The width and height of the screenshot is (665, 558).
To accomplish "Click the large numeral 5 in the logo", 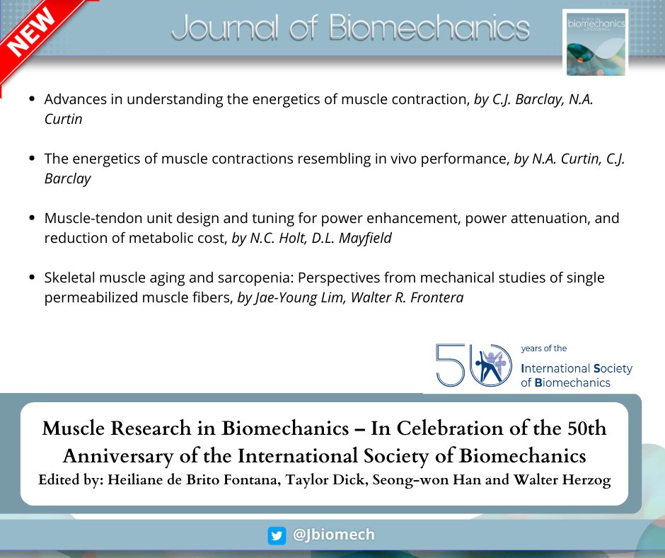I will pos(448,365).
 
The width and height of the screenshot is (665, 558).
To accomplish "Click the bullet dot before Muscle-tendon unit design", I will pos(32,219).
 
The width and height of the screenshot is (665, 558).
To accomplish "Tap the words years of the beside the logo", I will pos(543,348).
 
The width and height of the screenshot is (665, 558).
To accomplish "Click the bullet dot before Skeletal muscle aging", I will pos(32,278).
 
